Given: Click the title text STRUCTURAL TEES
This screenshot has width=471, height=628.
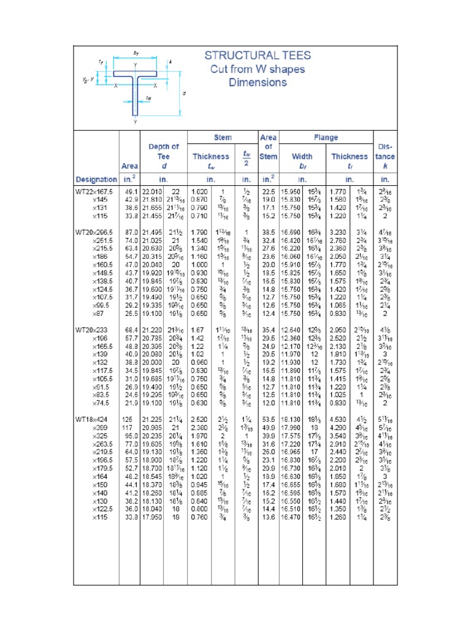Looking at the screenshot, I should (258, 56).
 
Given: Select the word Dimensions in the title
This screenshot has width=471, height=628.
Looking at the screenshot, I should (258, 82).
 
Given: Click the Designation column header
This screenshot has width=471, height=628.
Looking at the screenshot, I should (96, 180).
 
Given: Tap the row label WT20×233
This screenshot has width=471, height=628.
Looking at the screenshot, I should (93, 330).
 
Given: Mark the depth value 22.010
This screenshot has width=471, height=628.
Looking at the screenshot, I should (153, 191).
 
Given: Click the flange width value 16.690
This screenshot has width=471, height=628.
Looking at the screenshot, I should (291, 233).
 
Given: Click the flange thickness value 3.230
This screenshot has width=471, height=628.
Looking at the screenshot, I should (339, 233).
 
